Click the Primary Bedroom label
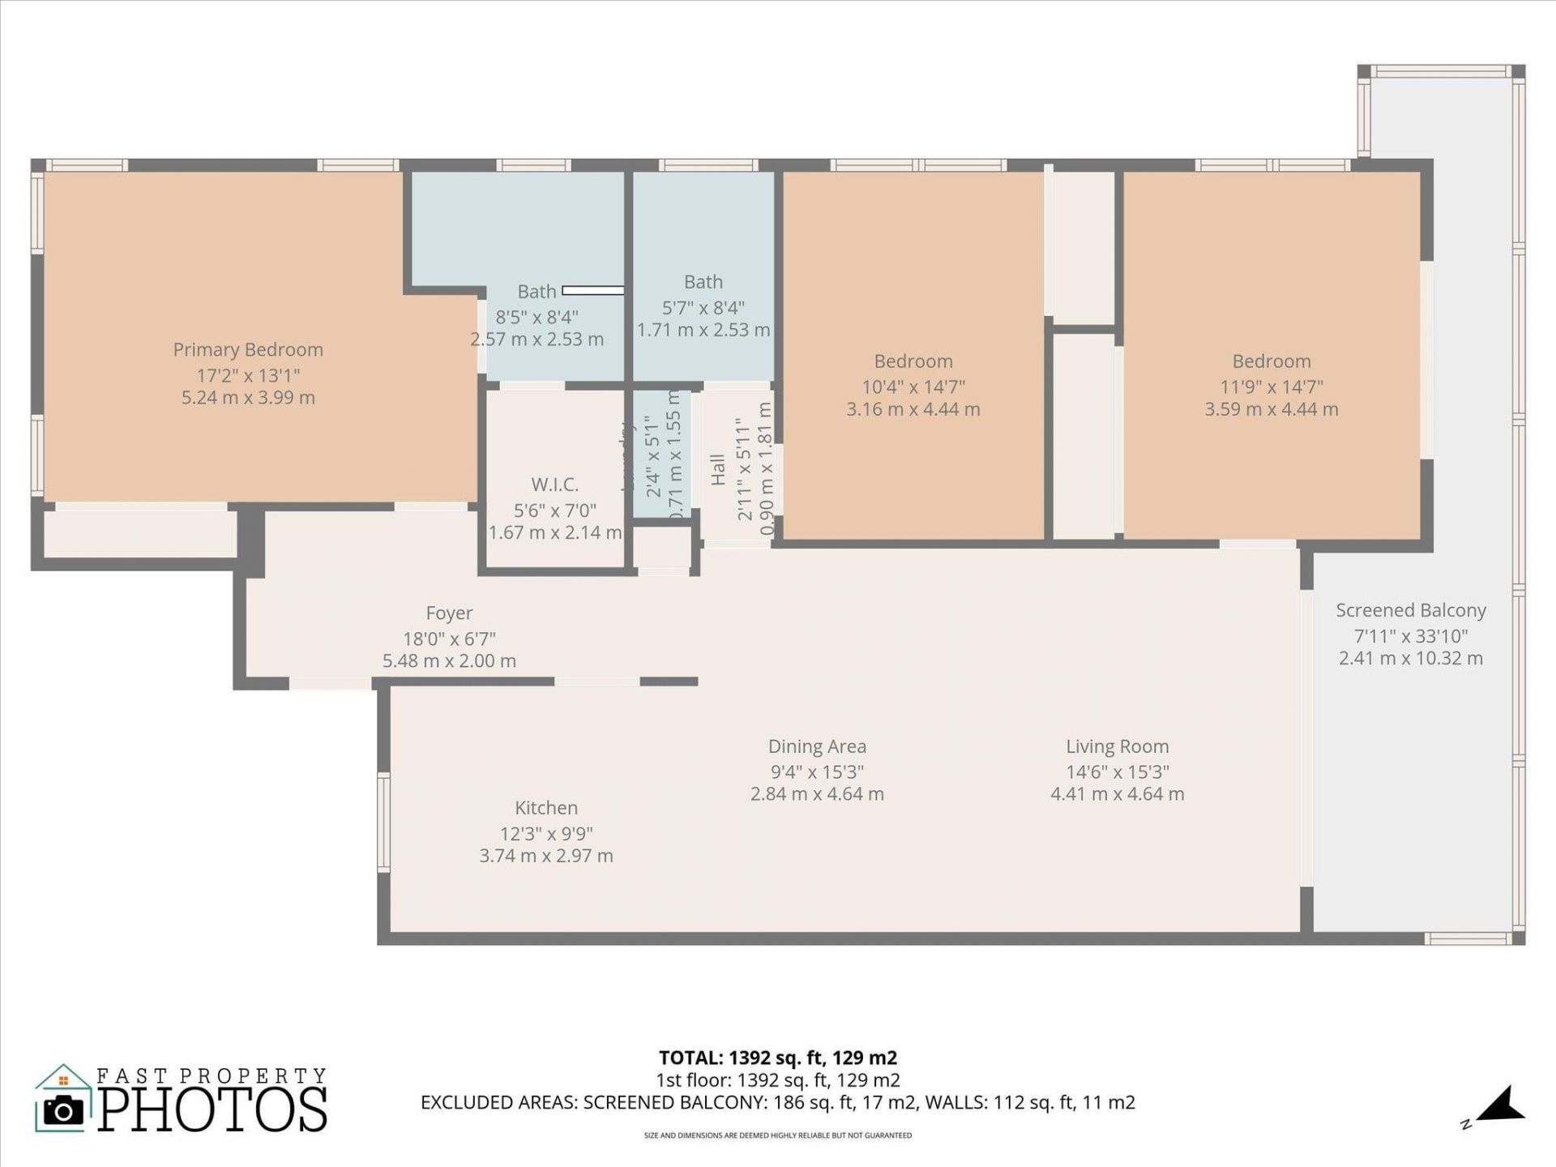[248, 349]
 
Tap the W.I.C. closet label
[554, 485]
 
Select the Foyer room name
[449, 613]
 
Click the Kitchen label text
[546, 808]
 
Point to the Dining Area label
[817, 746]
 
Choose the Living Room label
[1117, 746]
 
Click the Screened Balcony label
[1410, 610]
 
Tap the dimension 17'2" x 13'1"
[248, 375]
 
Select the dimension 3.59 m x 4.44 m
[1271, 409]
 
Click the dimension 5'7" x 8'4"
[703, 308]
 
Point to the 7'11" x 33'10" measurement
[1410, 636]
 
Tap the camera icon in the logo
[63, 1109]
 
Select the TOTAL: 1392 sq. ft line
[777, 1058]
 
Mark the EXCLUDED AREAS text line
[777, 1102]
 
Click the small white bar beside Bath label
[592, 290]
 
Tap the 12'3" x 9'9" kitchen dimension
[546, 834]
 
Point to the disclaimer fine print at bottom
[777, 1135]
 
